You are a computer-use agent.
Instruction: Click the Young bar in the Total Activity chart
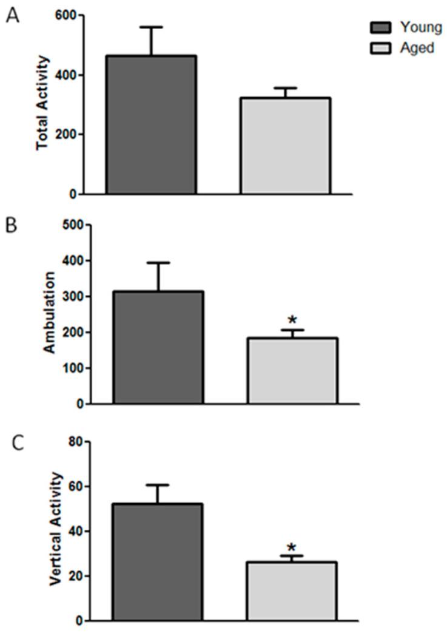coord(151,125)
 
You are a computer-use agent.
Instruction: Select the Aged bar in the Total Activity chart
coord(285,146)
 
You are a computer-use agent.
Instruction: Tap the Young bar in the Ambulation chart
coord(158,347)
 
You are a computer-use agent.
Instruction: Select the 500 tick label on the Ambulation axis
coord(75,225)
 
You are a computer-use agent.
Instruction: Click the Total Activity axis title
coord(42,103)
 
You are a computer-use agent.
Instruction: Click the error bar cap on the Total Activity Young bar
coord(151,27)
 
